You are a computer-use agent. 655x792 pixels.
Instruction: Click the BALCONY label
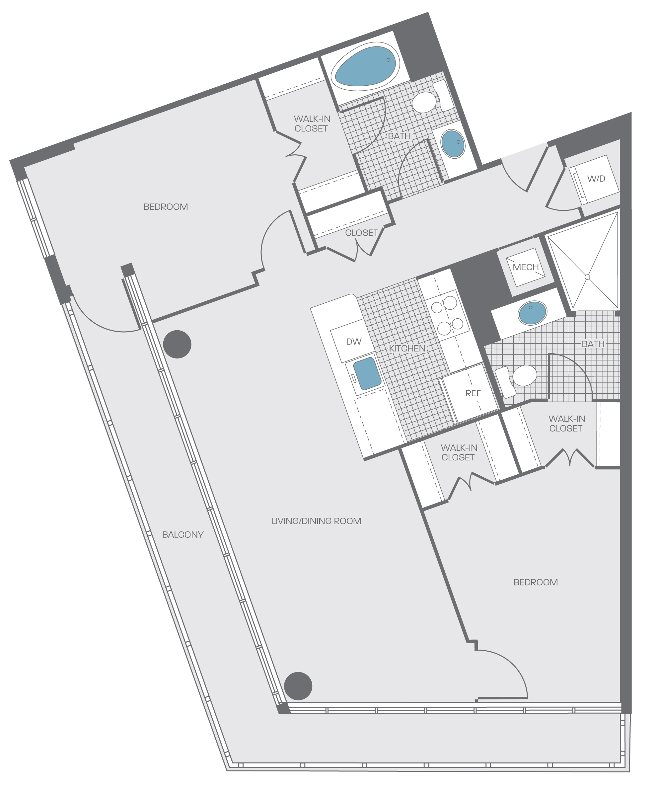pos(182,534)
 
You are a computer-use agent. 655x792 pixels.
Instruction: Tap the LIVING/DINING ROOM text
pos(316,521)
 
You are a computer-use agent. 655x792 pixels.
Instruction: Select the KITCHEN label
pos(407,348)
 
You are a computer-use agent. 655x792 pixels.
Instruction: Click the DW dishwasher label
pos(354,342)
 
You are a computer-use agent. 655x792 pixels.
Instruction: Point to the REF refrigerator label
pos(473,393)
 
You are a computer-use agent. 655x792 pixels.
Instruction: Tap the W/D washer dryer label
pos(596,179)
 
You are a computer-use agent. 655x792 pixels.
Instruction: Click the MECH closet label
pos(526,267)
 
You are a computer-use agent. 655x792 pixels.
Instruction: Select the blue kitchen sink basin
pos(367,373)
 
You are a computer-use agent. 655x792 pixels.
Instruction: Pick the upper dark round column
pos(177,344)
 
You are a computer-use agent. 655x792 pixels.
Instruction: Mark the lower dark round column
pos(298,686)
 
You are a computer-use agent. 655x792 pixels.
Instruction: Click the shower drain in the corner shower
pos(587,277)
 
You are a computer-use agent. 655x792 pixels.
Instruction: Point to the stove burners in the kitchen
pos(447,315)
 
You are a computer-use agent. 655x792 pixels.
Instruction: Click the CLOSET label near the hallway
pos(361,233)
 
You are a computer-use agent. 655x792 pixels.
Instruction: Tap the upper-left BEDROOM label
pos(166,207)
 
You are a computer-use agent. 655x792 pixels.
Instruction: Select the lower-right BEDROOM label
pos(536,582)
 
